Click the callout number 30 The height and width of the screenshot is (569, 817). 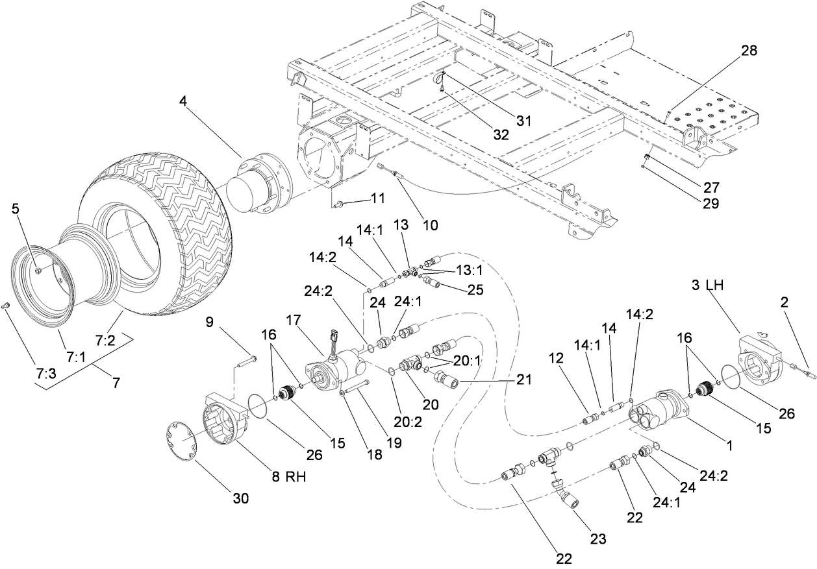tap(240, 498)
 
